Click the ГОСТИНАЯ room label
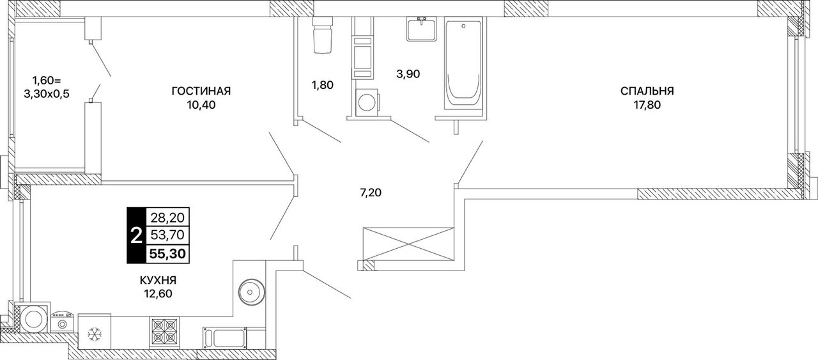(201, 91)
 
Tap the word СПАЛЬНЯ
(647, 91)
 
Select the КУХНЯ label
(158, 280)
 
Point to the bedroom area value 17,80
(647, 106)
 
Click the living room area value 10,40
(201, 106)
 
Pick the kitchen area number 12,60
(158, 294)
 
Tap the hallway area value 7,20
(371, 192)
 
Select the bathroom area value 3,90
(408, 74)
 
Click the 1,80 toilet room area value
(323, 85)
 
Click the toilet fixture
(322, 35)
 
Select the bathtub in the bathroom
(463, 65)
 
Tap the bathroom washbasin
(422, 29)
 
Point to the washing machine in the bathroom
(366, 102)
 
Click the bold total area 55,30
(167, 253)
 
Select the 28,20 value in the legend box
(167, 218)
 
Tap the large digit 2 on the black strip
(136, 235)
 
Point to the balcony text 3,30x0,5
(47, 94)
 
